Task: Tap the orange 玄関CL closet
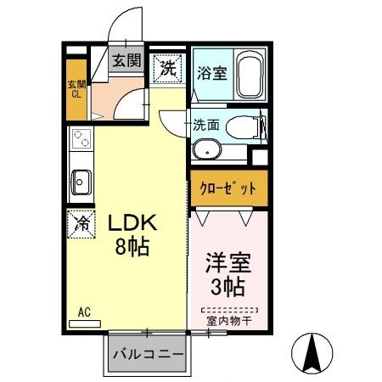coord(76,88)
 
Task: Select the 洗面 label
coord(205,124)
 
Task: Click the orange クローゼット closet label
coord(228,188)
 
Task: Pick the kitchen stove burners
coord(81,139)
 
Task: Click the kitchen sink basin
coord(81,180)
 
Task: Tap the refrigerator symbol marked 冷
coord(82,225)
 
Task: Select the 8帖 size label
coord(133,249)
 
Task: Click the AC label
coord(84,312)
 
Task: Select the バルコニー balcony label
coord(147,354)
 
